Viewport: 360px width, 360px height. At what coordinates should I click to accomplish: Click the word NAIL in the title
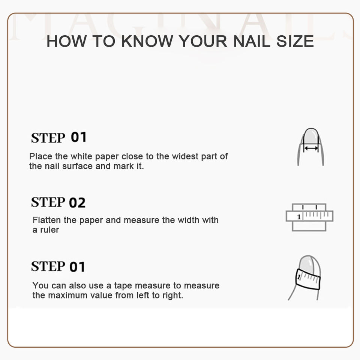[252, 41]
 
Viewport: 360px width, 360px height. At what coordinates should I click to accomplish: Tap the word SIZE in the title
[295, 41]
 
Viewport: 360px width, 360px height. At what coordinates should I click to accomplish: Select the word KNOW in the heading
[147, 41]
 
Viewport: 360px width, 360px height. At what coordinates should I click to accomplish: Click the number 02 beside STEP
[77, 203]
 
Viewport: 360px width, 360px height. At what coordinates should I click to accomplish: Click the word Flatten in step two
[47, 220]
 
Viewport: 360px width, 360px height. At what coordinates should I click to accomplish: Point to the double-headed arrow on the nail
[311, 148]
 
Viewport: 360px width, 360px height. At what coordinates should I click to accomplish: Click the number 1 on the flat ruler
[299, 217]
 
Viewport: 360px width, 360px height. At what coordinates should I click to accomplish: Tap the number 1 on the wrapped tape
[299, 277]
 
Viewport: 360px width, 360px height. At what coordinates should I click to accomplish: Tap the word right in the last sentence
[173, 295]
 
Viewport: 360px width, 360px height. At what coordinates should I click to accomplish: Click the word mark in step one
[123, 166]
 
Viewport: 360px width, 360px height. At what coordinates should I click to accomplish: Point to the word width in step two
[189, 220]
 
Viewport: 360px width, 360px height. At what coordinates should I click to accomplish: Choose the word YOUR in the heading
[203, 41]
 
